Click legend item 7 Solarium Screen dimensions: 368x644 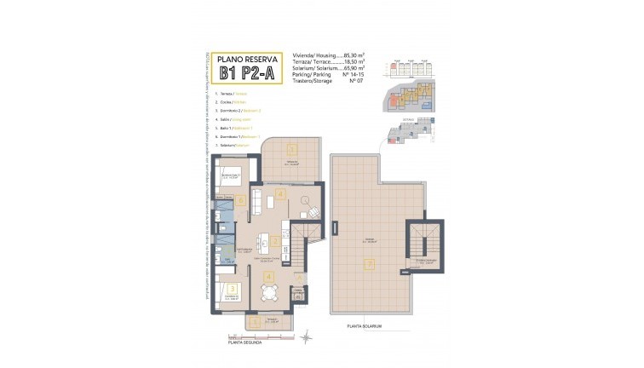click(x=233, y=146)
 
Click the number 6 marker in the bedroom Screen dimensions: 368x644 click(x=241, y=201)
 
